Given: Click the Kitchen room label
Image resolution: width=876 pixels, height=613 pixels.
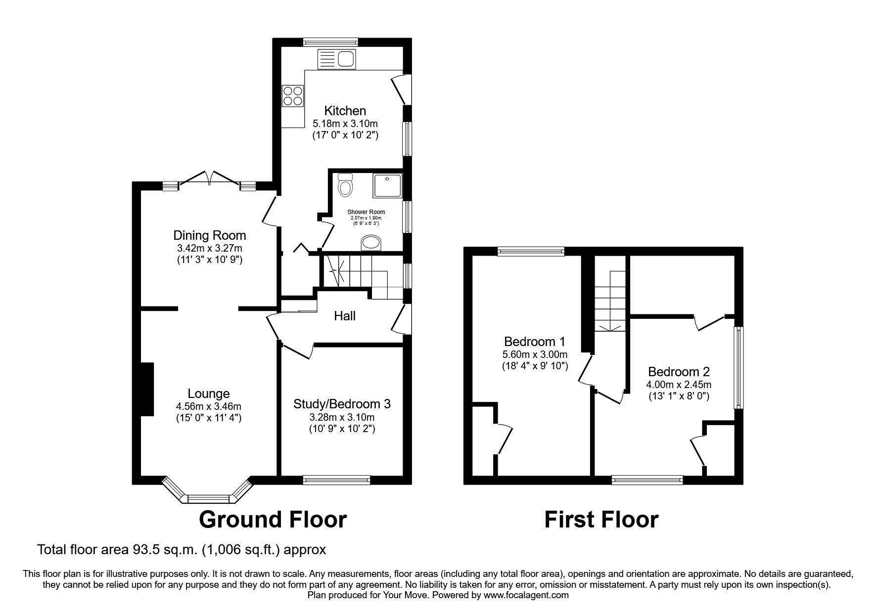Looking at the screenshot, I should click(x=345, y=110).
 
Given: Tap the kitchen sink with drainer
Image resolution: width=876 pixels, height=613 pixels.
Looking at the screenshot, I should click(x=337, y=59).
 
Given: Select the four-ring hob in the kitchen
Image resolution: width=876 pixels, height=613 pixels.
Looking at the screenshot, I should click(x=292, y=96).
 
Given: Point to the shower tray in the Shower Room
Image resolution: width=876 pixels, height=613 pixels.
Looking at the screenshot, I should click(x=388, y=185).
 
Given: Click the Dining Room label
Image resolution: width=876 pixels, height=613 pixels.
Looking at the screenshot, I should click(x=209, y=235).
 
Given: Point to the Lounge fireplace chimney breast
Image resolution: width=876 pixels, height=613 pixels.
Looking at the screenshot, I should click(x=147, y=389).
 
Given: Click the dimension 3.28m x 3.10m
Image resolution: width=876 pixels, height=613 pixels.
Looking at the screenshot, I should click(x=342, y=417).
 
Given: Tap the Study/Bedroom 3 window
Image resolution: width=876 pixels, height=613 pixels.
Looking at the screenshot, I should click(x=337, y=479).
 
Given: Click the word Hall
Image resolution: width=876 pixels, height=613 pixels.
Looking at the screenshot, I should click(x=345, y=316).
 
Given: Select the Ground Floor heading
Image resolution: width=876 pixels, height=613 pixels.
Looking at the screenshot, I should click(x=273, y=520).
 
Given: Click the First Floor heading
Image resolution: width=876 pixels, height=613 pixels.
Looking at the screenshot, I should click(x=601, y=520).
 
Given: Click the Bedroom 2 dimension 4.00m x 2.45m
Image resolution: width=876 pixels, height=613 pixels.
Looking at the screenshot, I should click(x=679, y=384).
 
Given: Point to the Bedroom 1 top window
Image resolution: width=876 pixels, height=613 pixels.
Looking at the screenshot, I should click(x=531, y=252).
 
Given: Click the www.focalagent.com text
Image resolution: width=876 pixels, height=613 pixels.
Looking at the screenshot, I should click(x=526, y=595).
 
